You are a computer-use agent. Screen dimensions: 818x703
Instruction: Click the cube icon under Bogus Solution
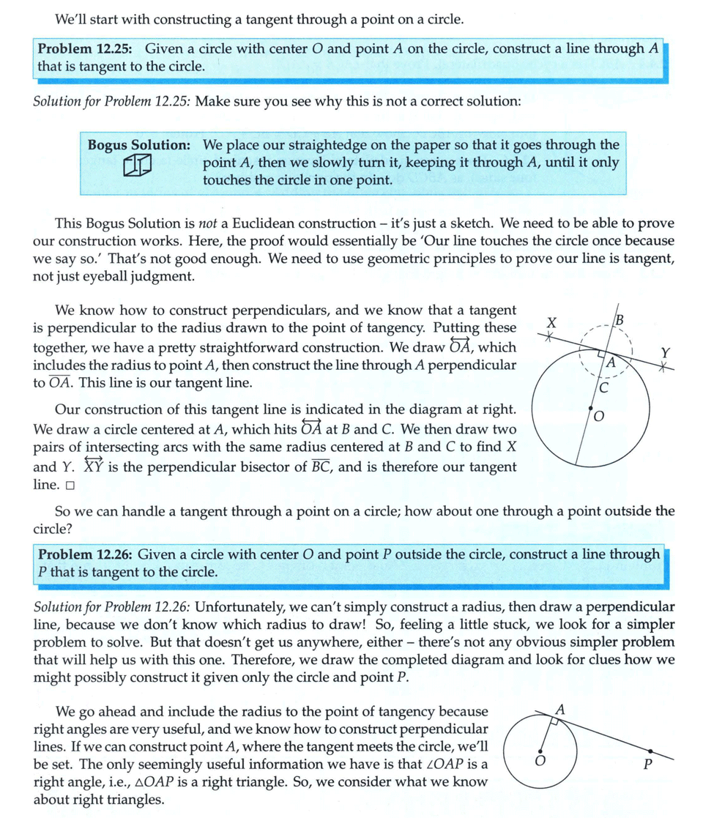137,168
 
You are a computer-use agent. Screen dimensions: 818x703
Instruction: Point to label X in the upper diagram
552,323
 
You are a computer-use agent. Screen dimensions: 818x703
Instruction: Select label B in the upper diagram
619,319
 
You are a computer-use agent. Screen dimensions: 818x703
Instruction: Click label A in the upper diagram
609,362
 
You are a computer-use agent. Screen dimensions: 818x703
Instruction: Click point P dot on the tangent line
650,751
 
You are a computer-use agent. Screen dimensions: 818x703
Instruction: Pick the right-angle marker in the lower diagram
554,723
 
